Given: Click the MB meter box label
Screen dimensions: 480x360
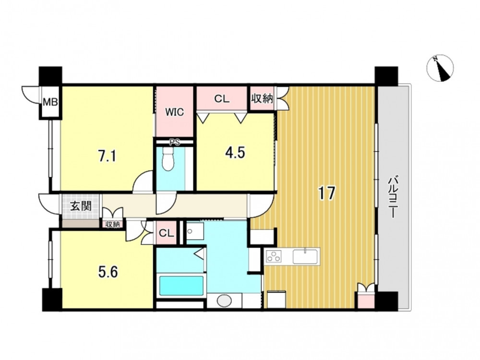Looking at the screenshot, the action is pos(50,102).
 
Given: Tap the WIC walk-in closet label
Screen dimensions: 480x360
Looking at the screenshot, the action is pos(175,112).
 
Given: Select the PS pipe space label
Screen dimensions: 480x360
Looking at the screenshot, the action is pos(175,142).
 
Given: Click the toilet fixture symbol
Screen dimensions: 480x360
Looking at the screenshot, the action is pos(168,159).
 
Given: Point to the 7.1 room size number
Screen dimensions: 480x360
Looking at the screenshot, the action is pos(107,157).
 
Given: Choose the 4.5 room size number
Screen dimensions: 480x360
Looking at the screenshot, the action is pos(235,153).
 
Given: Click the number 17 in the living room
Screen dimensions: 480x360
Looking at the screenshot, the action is pos(326,193).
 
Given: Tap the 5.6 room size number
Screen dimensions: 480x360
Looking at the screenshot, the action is pos(108,272).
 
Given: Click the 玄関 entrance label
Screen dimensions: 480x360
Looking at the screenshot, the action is pos(81,206).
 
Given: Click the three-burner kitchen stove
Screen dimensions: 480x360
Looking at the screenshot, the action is pos(274,256).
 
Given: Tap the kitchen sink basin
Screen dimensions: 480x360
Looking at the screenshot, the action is pos(305,256).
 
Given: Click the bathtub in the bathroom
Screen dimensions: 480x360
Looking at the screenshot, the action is pos(181,286).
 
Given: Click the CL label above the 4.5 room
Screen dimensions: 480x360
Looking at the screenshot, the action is pos(222,99).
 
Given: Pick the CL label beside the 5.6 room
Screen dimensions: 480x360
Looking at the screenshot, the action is pos(167,233).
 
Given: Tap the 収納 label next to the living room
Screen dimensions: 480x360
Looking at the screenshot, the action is pos(262,98).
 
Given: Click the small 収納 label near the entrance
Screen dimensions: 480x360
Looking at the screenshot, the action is pos(112,224).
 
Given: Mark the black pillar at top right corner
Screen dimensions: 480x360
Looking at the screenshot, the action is pos(386,76).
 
